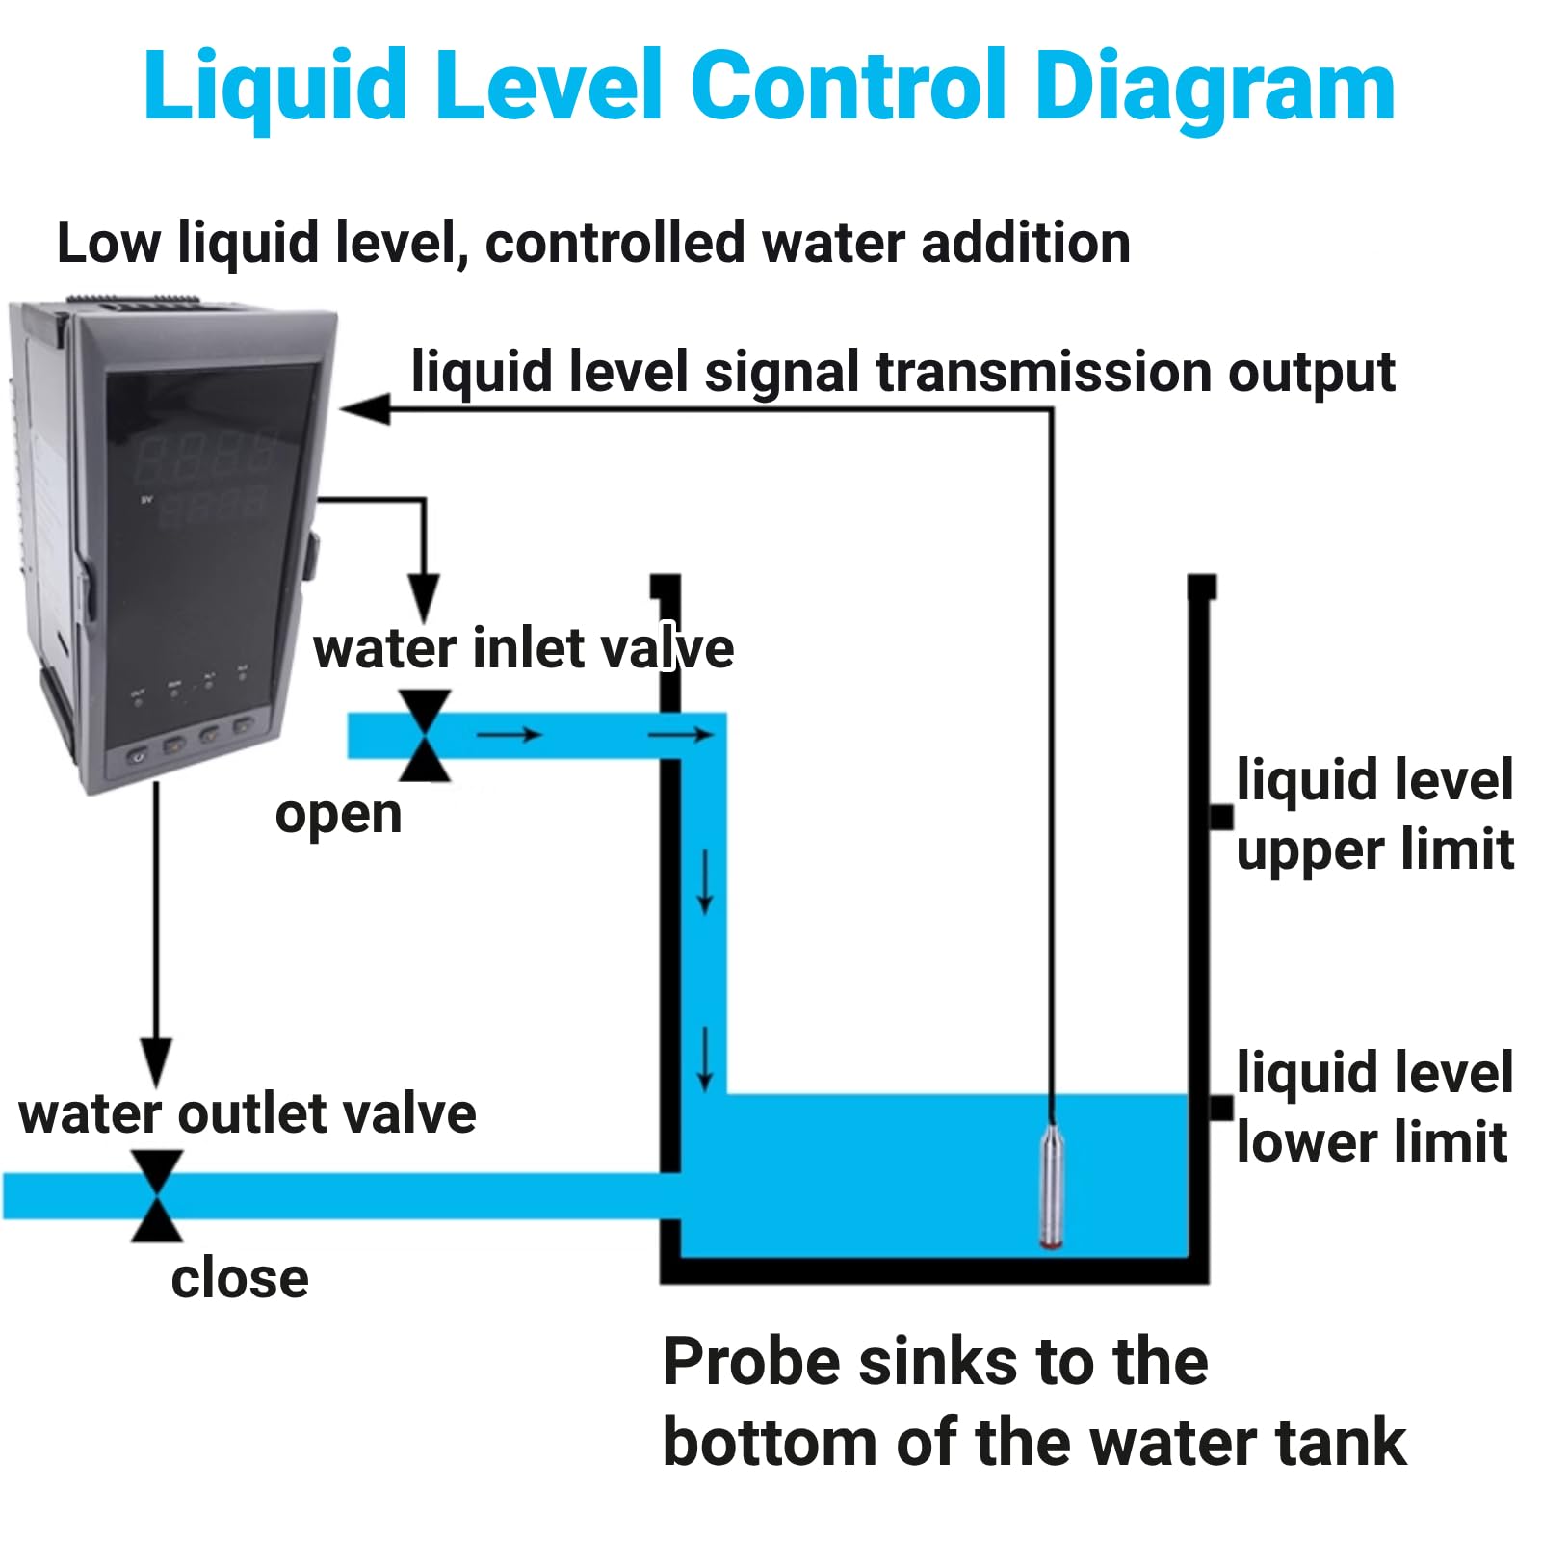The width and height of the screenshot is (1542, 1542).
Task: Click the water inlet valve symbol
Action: [425, 735]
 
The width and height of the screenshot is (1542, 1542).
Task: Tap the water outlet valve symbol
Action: [157, 1195]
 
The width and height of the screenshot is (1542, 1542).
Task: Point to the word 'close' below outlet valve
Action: [240, 1279]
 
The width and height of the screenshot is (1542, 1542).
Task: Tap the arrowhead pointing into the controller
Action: [366, 408]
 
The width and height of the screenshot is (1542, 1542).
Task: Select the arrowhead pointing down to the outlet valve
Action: [156, 1062]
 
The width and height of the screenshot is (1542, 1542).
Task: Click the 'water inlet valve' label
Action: [524, 648]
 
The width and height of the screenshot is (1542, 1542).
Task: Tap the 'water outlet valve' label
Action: [248, 1114]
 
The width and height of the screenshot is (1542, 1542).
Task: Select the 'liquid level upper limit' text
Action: [1375, 815]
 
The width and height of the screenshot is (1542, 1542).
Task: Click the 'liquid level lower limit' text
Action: [1374, 1108]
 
